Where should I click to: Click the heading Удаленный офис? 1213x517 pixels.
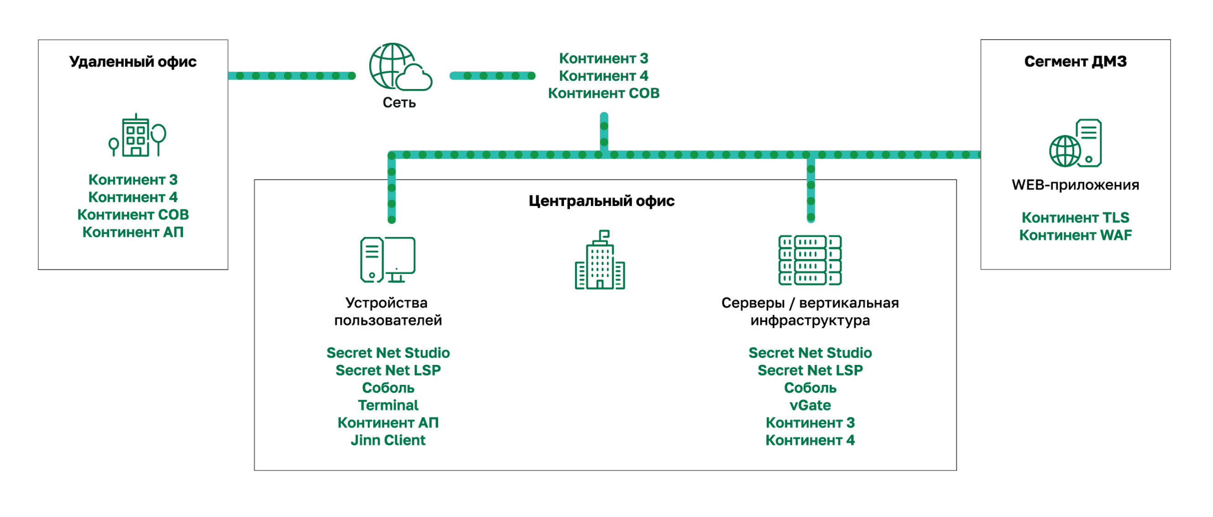tap(133, 62)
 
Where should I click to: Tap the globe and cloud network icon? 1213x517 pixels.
tap(399, 68)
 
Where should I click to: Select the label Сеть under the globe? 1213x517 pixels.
tap(399, 102)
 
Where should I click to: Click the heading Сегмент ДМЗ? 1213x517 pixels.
tap(1075, 61)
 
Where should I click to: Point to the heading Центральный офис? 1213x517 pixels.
tap(601, 201)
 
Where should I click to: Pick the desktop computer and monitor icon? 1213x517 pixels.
tap(387, 260)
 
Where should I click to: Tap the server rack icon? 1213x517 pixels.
tap(810, 260)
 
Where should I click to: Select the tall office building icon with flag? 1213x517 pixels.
tap(600, 260)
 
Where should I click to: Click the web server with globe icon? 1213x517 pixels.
tap(1075, 143)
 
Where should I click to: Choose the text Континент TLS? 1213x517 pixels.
tap(1075, 217)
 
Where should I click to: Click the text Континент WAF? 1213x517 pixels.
tap(1075, 235)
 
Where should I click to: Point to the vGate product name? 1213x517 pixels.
tap(810, 405)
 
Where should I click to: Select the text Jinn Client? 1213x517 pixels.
tap(388, 440)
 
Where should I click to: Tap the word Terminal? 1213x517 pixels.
tap(388, 405)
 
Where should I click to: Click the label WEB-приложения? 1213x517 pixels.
tap(1075, 185)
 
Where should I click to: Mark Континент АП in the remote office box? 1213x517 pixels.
tap(133, 232)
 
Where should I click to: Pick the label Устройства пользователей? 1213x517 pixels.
tap(387, 311)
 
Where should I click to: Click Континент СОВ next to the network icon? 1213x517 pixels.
tap(603, 93)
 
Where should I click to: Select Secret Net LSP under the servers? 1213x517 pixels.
tap(810, 370)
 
